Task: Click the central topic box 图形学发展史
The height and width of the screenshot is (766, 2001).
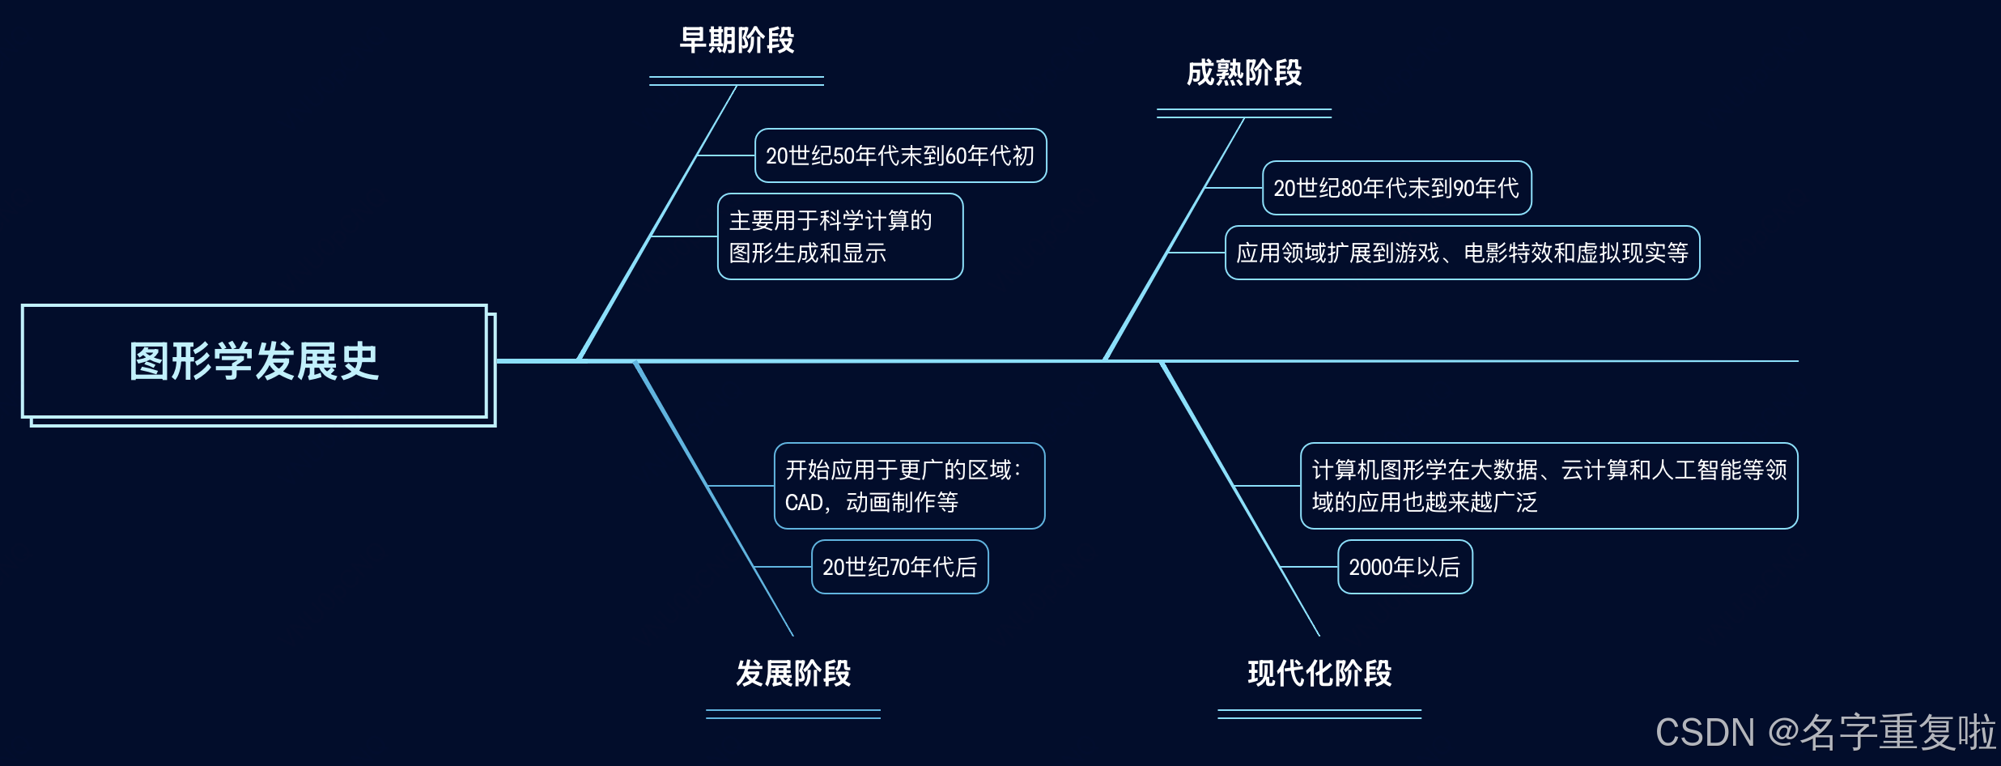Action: [254, 361]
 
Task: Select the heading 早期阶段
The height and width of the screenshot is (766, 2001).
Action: [737, 40]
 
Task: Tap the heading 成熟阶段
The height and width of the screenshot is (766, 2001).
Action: [1244, 73]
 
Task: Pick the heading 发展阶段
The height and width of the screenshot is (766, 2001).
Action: [793, 674]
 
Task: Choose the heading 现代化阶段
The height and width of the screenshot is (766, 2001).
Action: [1319, 674]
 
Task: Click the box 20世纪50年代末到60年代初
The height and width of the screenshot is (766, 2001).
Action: [900, 155]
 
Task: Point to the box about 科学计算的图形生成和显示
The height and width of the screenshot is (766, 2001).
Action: [840, 236]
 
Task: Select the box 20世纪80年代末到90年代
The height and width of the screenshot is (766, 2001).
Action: [1396, 188]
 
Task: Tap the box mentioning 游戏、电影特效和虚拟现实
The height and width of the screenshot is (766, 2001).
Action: [1462, 253]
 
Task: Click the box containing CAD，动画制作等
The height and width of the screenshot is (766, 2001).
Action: [909, 486]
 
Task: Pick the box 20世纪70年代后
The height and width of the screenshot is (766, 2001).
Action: [899, 567]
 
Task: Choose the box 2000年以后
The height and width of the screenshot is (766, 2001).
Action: [1404, 567]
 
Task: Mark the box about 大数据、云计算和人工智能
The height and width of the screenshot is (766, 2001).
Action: [1549, 486]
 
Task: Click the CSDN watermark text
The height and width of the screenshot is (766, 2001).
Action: [1825, 732]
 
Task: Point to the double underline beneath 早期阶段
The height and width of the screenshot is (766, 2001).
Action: [737, 81]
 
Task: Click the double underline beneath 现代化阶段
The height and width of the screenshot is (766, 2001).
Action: [1319, 714]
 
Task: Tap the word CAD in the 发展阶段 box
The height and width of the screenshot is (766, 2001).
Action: [803, 503]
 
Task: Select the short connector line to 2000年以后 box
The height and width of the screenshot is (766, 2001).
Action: [1310, 567]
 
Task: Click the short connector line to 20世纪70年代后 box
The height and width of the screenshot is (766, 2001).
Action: [783, 567]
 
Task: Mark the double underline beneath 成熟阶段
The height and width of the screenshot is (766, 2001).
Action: [1244, 113]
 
